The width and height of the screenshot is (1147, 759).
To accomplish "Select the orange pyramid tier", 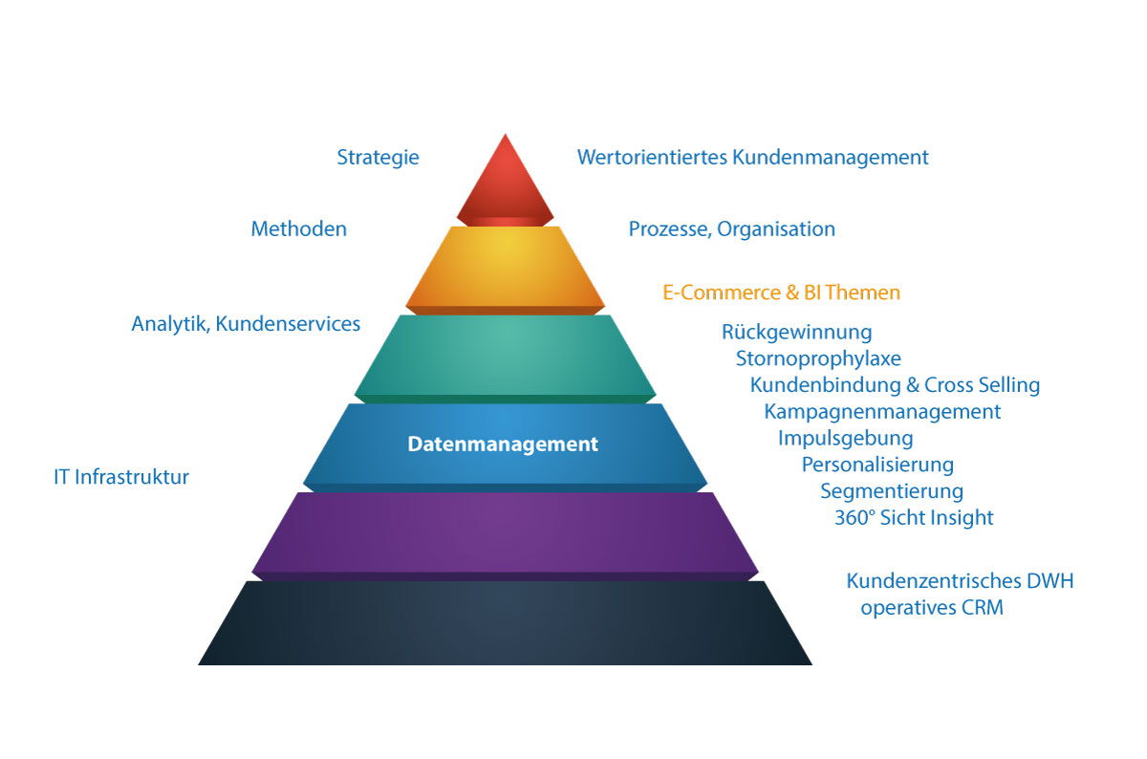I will point(505,268).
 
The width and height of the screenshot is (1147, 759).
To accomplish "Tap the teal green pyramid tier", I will point(505,354).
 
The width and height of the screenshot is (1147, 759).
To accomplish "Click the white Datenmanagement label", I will point(503,445).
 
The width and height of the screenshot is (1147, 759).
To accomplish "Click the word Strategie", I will point(378,158).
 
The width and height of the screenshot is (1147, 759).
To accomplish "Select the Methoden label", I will point(298,229).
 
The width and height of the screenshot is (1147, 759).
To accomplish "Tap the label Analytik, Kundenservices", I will point(246,324).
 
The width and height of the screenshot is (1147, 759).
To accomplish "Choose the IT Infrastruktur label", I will point(121,476).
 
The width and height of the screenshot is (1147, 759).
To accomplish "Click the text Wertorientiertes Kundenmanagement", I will point(752,158).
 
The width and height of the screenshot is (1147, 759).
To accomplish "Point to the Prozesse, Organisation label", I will point(731,229).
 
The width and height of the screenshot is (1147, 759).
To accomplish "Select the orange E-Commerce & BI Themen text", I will point(781,293).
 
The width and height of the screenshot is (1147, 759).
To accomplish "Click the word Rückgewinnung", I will point(796,333).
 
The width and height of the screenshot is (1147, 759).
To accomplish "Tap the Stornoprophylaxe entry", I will point(818,359).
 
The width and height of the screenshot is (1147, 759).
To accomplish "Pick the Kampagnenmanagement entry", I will point(882,412).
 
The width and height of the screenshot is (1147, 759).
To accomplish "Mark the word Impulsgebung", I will point(845,439).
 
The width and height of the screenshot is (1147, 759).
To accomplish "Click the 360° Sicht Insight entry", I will point(914,518).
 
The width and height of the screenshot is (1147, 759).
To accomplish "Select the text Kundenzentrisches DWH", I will point(960,581).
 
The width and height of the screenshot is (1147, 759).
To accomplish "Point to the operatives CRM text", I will point(932,607).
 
